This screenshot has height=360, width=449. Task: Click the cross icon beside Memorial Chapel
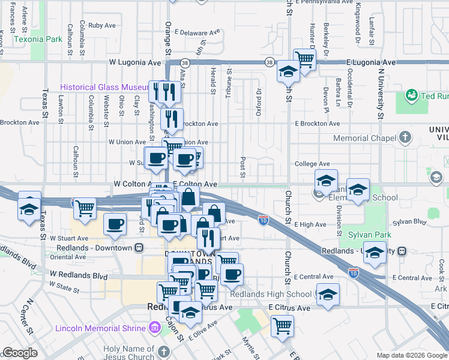[405, 137]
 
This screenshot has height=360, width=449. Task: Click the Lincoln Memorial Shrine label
[100, 328]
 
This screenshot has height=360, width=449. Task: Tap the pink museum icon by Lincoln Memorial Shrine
[155, 328]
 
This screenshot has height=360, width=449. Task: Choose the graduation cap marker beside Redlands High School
[328, 294]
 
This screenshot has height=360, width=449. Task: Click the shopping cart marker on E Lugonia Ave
[305, 59]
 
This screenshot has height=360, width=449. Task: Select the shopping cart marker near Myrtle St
[282, 326]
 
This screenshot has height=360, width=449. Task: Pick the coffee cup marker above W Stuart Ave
[115, 224]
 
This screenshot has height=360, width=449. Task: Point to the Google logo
[19, 353]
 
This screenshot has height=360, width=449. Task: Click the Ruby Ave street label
[101, 26]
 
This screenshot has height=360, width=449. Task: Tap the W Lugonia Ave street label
[135, 62]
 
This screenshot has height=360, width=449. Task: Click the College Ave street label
[312, 164]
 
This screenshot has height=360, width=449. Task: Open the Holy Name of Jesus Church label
[128, 353]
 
